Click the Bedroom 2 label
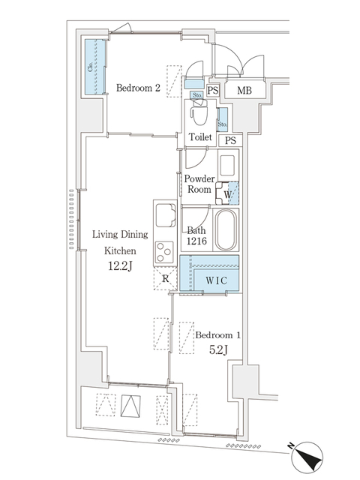138,88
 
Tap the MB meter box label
244,90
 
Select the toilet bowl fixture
199,114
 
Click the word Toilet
200,136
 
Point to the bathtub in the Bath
226,230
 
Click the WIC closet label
217,280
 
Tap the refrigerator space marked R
165,279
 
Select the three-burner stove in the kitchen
164,252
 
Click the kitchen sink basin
166,215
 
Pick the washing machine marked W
227,193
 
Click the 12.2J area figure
120,267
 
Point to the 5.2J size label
218,349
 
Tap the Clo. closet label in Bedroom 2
90,67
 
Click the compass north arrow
307,457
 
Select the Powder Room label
199,184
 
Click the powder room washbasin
227,166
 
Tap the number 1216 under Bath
196,241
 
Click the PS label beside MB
213,91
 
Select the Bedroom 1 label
218,335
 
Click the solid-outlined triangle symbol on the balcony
130,406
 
